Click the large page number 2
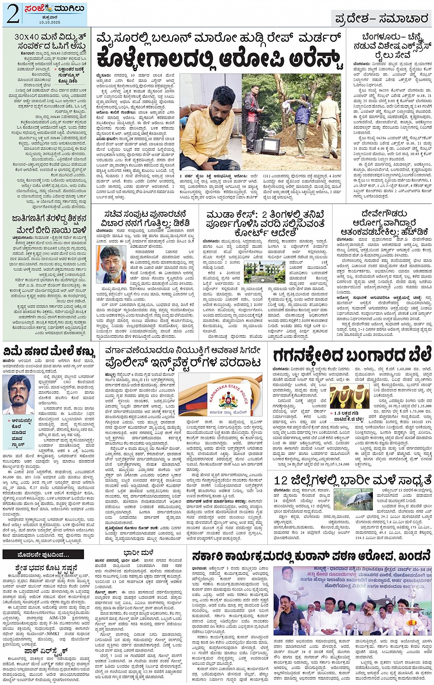[x=12, y=14]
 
